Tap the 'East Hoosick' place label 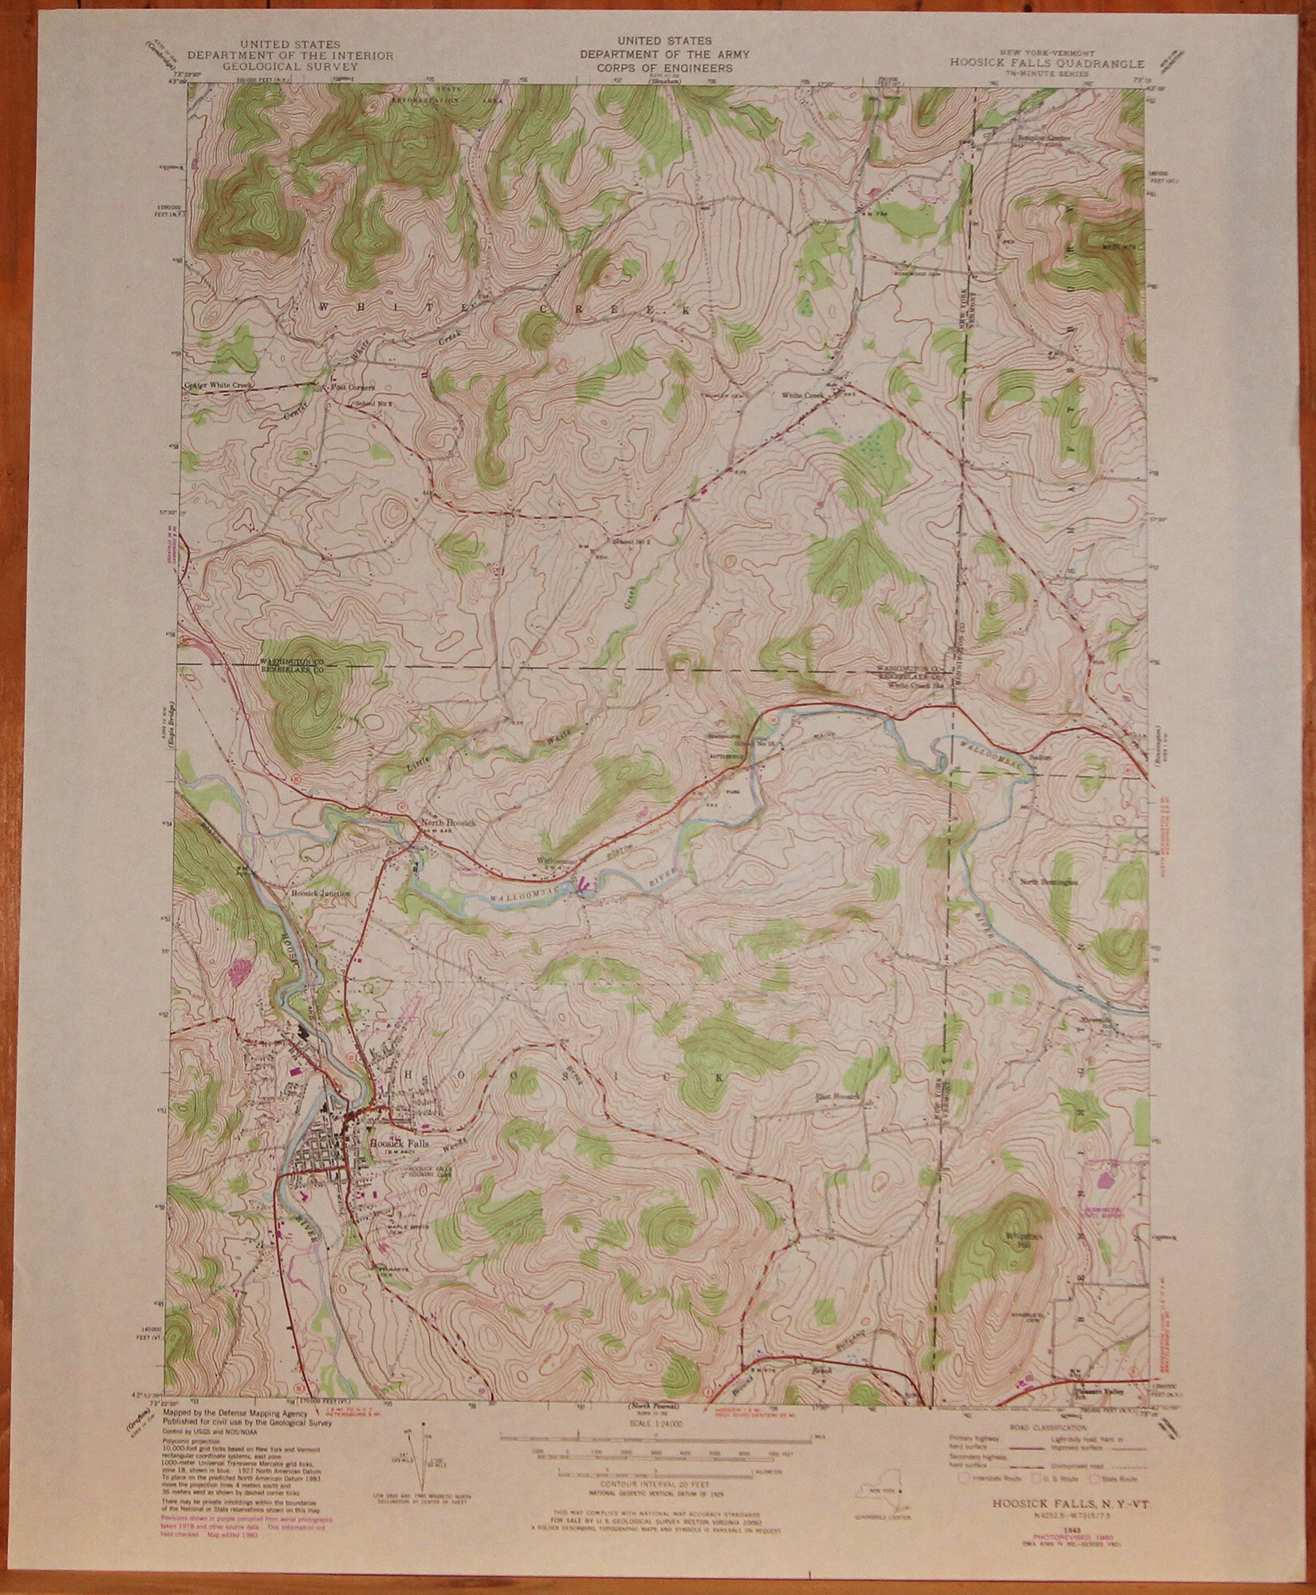click(x=836, y=1097)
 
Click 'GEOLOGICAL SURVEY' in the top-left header click(x=290, y=68)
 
